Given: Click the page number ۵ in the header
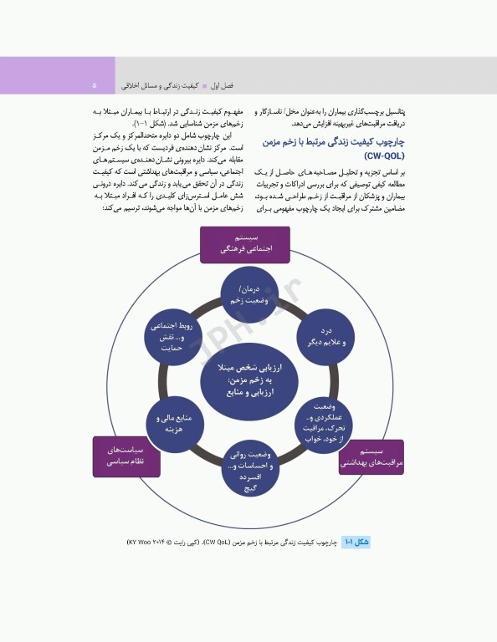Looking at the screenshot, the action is coord(95,85).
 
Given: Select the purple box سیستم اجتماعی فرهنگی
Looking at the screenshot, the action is coord(244,243).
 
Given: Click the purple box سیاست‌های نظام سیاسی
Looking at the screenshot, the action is coord(126,456).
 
